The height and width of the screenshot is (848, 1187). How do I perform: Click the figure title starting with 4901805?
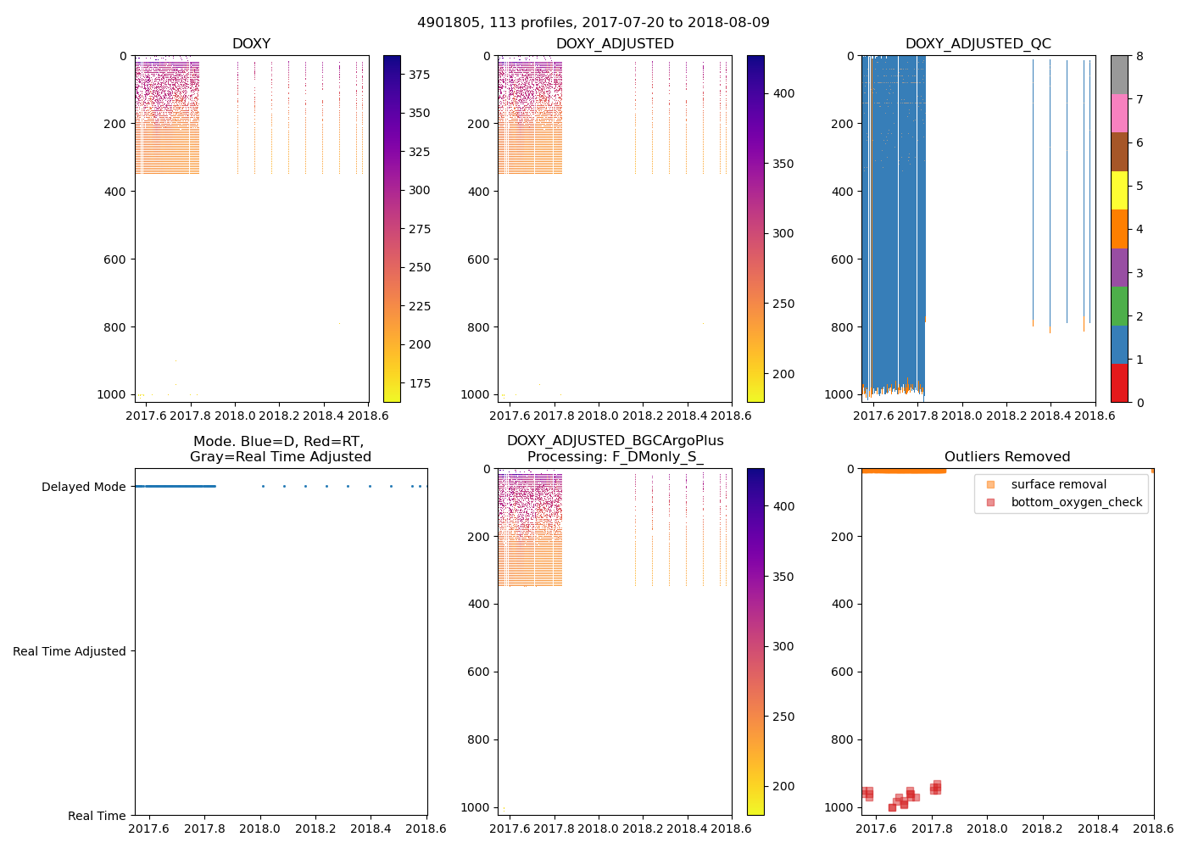593,23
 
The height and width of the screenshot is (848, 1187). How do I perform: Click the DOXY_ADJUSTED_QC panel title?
978,44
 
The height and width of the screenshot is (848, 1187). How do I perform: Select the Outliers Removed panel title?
1007,457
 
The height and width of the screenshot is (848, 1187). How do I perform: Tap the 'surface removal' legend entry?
1058,484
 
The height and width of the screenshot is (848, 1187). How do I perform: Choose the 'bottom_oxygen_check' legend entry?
1076,502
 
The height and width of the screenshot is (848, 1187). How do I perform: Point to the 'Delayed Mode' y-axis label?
83,487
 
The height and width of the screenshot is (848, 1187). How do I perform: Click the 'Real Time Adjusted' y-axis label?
69,651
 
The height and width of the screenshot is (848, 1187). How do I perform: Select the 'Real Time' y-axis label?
97,816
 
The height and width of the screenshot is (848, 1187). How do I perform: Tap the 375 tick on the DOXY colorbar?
419,75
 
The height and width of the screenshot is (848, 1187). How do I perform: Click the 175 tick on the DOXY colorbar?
419,383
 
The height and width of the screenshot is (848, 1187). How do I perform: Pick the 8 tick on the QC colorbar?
1140,56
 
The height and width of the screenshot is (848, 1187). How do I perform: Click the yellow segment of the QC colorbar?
1119,190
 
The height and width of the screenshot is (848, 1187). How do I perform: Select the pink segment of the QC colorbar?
1119,113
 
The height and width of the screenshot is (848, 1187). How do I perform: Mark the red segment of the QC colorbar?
1119,382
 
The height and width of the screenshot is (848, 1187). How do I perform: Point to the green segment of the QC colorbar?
1119,305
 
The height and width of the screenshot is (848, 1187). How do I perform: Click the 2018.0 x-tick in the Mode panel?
260,832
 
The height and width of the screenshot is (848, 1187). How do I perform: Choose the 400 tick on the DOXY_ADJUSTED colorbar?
783,93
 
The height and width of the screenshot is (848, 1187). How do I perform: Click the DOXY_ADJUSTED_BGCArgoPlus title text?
615,441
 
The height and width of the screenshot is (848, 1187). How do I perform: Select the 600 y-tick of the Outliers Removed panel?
843,672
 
